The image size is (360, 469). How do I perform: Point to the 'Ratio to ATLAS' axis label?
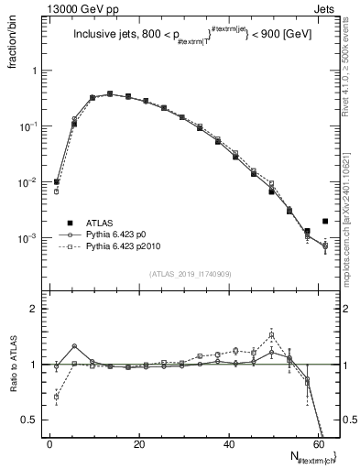point(13,365)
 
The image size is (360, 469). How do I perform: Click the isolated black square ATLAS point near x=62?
point(325,221)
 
